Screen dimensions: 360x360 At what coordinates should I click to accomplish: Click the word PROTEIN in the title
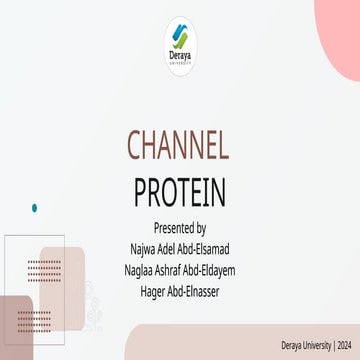(179, 189)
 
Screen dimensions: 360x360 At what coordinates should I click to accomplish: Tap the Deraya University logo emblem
(180, 40)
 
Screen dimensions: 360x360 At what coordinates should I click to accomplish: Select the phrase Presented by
(179, 227)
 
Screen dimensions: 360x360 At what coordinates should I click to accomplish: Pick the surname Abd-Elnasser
(195, 291)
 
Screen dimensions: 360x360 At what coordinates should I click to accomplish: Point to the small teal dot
(35, 208)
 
